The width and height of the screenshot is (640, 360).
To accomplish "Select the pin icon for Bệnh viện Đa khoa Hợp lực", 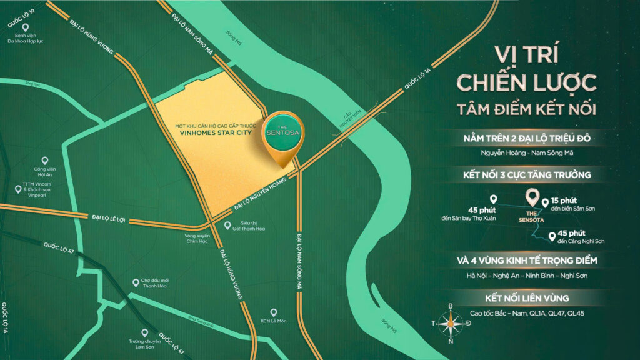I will click(x=26, y=27).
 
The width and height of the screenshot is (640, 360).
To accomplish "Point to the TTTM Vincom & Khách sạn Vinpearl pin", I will click(x=17, y=189).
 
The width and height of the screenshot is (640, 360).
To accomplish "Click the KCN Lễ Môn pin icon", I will click(x=273, y=312).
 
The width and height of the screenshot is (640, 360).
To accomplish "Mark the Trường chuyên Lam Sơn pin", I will click(x=144, y=332).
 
